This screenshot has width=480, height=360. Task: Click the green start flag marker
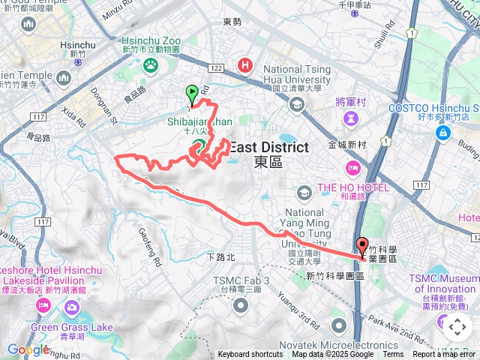click(x=192, y=94)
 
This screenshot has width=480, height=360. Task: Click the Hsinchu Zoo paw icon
click(x=150, y=65)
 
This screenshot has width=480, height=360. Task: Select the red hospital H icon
click(x=244, y=65)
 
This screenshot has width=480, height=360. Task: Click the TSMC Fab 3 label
click(x=240, y=281)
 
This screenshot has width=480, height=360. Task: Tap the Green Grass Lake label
click(x=72, y=328)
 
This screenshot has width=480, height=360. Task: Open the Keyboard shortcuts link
click(x=250, y=355)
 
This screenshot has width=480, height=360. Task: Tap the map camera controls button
click(x=457, y=326)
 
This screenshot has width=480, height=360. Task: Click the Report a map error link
click(x=445, y=355)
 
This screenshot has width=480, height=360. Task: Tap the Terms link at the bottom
click(x=393, y=355)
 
